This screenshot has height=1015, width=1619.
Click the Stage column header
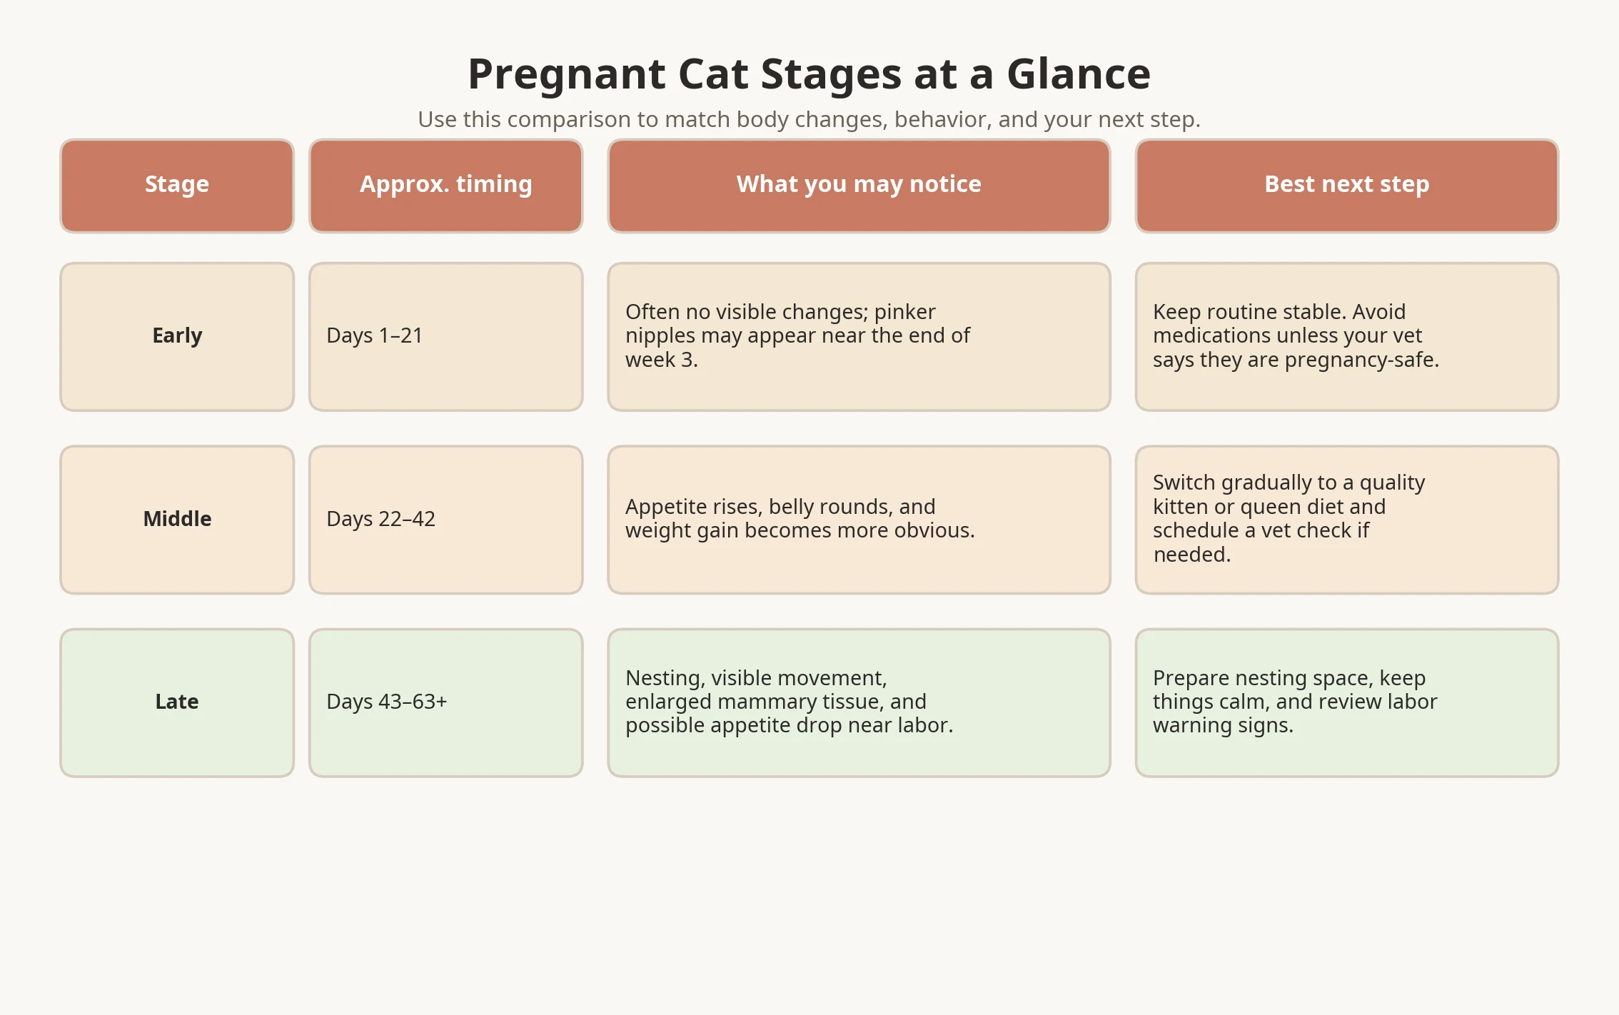pyautogui.click(x=177, y=185)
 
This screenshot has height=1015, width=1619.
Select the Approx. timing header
pyautogui.click(x=445, y=185)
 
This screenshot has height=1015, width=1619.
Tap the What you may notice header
pyautogui.click(x=859, y=185)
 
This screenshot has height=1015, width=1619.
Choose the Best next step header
pyautogui.click(x=1346, y=185)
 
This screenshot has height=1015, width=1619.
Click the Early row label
pyautogui.click(x=177, y=335)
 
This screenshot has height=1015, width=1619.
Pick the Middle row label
pyautogui.click(x=177, y=519)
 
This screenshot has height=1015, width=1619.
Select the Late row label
pyautogui.click(x=177, y=702)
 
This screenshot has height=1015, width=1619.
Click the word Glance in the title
pyautogui.click(x=1078, y=74)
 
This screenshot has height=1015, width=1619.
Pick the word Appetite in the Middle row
pyautogui.click(x=667, y=507)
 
